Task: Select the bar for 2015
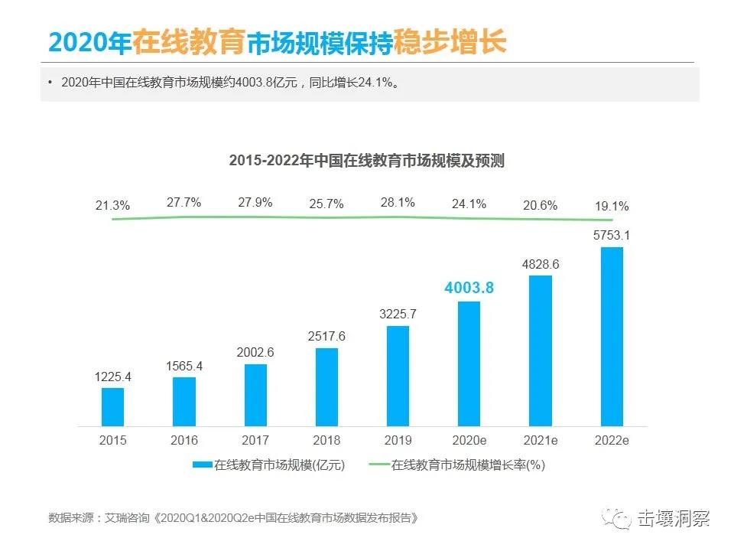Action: pos(112,406)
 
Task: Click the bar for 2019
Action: pos(398,376)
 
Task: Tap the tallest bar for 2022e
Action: pos(612,336)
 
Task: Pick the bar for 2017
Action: pos(255,395)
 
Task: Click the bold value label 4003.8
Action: pos(469,288)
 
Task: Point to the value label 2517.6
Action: pos(326,336)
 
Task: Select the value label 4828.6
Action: pos(541,264)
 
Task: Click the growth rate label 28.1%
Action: pos(398,203)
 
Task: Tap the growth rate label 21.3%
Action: pos(112,205)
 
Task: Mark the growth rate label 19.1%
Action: pos(612,206)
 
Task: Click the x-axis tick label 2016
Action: pos(184,440)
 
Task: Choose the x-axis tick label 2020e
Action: pos(469,440)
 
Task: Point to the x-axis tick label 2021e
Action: pos(541,440)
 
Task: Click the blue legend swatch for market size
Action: pos(202,465)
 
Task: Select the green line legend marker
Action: pos(379,465)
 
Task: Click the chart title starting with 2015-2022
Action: pos(366,161)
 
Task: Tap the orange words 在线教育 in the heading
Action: pos(189,41)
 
